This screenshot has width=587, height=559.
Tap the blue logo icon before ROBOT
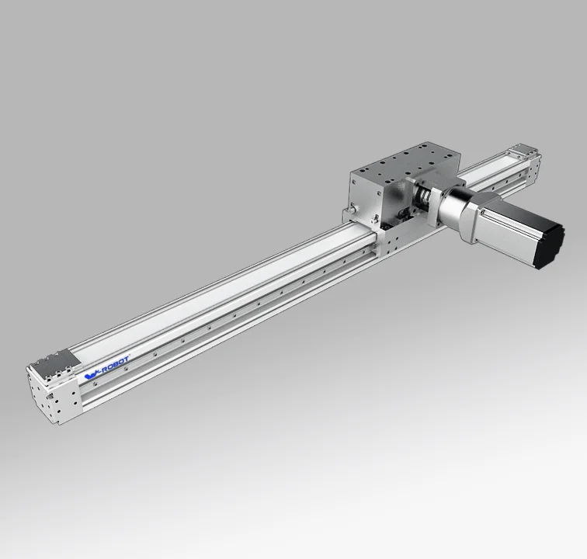click(x=90, y=376)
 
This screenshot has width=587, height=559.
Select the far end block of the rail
click(x=523, y=158)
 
